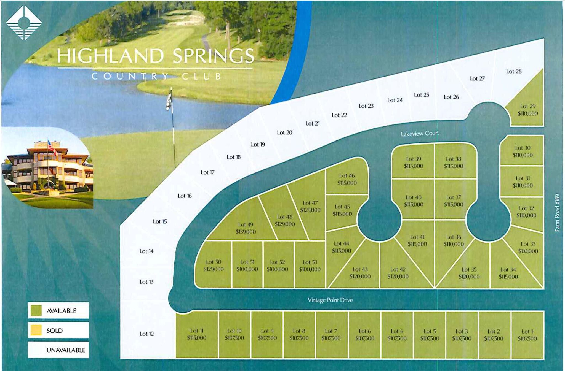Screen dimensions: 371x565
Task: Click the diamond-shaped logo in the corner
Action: pos(24,23)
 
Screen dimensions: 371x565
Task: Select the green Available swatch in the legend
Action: pos(36,310)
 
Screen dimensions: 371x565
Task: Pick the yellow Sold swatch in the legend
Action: pos(36,330)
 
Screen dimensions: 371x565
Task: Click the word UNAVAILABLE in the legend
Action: pos(66,350)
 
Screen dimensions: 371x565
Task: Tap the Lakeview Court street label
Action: pos(419,134)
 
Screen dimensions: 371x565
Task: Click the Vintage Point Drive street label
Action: pos(330,300)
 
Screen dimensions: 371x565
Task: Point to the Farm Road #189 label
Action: pos(557,213)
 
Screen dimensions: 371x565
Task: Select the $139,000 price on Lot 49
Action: pos(246,232)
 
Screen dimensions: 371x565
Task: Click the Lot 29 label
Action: pos(527,106)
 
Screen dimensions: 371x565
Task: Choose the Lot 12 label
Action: pos(146,334)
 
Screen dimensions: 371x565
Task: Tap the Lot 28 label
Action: pos(514,71)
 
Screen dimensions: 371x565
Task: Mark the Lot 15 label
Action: pos(160,221)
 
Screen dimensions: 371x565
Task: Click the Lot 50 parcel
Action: pos(213,265)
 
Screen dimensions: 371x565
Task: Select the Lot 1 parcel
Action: pos(527,335)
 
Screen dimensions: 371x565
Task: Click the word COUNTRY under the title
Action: pos(130,76)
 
